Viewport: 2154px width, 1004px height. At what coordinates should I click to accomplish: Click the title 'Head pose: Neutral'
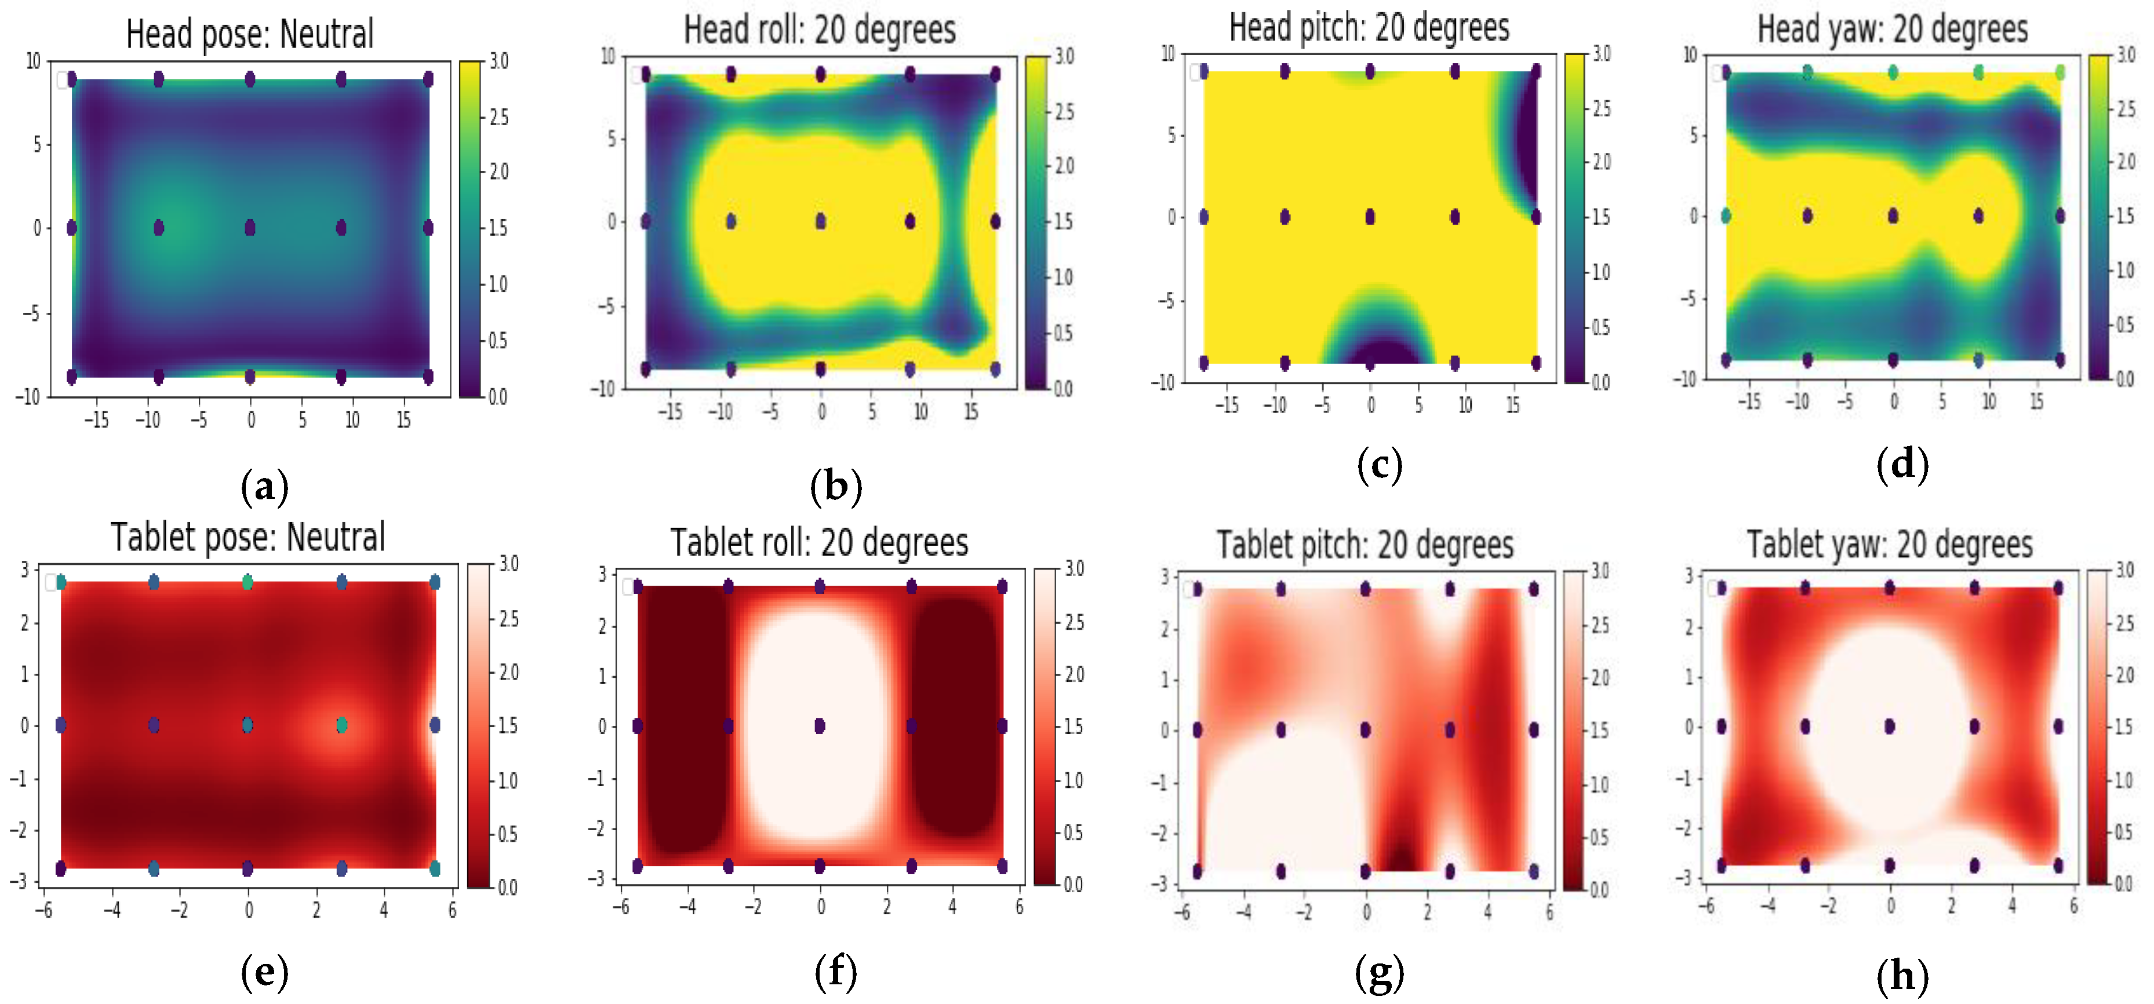(249, 34)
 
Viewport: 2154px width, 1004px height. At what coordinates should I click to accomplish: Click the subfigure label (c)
(1379, 465)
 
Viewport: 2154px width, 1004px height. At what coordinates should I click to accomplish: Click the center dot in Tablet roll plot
(820, 725)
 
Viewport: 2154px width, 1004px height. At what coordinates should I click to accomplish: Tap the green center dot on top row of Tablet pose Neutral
(247, 582)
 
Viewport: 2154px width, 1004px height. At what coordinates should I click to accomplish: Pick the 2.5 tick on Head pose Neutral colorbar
(499, 117)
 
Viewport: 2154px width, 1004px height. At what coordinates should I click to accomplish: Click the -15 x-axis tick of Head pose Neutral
(96, 419)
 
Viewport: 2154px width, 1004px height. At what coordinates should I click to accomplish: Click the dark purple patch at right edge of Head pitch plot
(1527, 142)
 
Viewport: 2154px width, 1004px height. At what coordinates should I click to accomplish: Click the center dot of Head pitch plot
(1370, 217)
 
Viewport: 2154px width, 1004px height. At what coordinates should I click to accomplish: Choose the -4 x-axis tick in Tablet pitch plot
(1245, 912)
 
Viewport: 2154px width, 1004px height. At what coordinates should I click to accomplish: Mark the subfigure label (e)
(264, 972)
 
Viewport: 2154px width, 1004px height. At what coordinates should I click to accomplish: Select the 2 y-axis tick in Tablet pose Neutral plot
(25, 622)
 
